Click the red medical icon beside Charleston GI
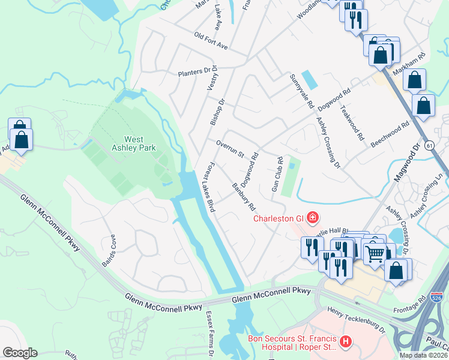[x=312, y=217]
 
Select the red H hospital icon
[x=345, y=342]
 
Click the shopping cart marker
[x=375, y=254]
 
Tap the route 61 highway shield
[x=429, y=145]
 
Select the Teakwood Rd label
[x=352, y=123]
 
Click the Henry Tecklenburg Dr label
[x=355, y=319]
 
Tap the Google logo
[x=20, y=353]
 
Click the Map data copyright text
[x=423, y=355]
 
